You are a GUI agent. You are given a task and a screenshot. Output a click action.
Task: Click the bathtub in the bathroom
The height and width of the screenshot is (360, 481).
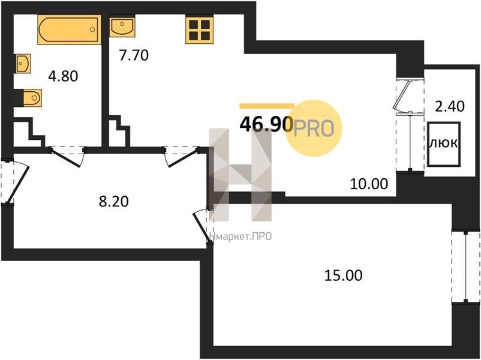coord(70,29)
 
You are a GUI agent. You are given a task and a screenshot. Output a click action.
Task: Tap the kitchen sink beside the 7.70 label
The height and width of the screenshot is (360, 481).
coord(122,26)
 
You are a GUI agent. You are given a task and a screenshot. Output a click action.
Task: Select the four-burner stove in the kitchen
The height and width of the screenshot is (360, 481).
coord(199,29)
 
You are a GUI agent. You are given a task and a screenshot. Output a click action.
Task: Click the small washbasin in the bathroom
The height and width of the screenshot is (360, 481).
coord(22,64)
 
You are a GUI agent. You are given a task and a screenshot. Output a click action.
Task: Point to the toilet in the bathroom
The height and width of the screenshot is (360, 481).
coord(28,98)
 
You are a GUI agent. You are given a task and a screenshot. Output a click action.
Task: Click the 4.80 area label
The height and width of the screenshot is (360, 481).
coord(63,76)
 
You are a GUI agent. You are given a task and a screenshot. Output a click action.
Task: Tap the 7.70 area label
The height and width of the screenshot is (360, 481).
coord(134,55)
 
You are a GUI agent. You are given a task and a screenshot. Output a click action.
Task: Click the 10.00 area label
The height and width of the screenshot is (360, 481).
coord(369,184)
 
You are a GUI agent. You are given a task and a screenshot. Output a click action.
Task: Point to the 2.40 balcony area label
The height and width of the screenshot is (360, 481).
coord(450,106)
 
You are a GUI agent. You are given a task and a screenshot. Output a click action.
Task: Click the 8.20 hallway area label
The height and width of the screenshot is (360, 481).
coord(113,202)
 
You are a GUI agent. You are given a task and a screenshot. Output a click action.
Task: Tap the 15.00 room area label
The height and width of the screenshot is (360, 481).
coord(343,275)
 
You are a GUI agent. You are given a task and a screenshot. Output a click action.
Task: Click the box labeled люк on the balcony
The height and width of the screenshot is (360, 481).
coord(444,144)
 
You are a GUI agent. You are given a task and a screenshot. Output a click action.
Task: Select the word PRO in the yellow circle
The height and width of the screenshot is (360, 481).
coord(314,128)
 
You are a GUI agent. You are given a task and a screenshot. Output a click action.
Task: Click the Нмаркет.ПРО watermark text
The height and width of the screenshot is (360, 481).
coord(240,236)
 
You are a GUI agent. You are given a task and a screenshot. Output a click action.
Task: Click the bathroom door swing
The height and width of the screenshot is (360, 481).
coord(68,157)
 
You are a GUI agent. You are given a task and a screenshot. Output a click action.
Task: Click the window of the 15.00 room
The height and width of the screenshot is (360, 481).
coord(465,267)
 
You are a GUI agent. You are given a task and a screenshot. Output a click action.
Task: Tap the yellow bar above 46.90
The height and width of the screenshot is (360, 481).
coord(266,106)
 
